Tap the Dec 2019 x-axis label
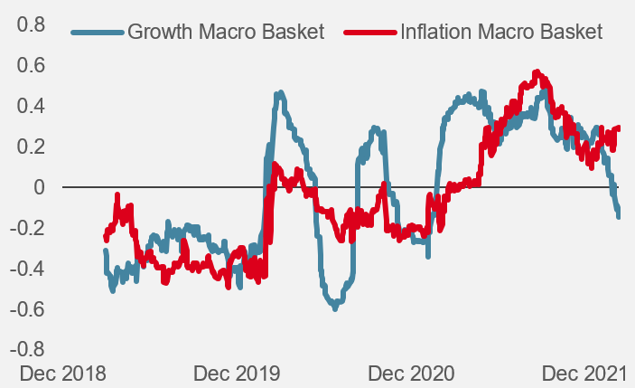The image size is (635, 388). click(x=237, y=374)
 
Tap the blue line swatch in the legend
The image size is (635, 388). click(x=97, y=33)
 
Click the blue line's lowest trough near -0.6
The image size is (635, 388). click(x=335, y=308)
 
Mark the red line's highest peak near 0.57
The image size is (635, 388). click(x=537, y=72)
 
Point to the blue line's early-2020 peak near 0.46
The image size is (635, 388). click(x=280, y=93)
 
